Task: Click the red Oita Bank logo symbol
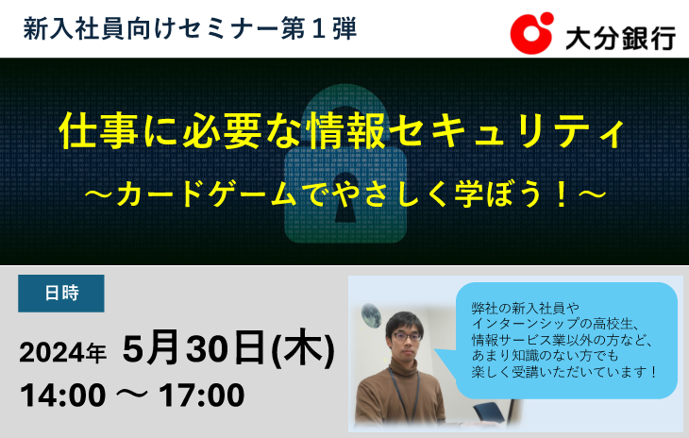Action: point(531,33)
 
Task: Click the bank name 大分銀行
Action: point(620,39)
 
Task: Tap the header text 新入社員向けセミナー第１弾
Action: point(190,29)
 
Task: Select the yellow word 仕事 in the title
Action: point(98,131)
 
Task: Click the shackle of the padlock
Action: point(345,115)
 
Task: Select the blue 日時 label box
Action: point(61,294)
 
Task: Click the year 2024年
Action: point(62,353)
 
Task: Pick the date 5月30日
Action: point(193,347)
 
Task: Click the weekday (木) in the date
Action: point(303,349)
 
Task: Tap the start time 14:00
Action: point(63,396)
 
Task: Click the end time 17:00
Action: point(202,396)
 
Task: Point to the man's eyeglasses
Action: point(406,337)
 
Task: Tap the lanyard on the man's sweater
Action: point(403,396)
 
